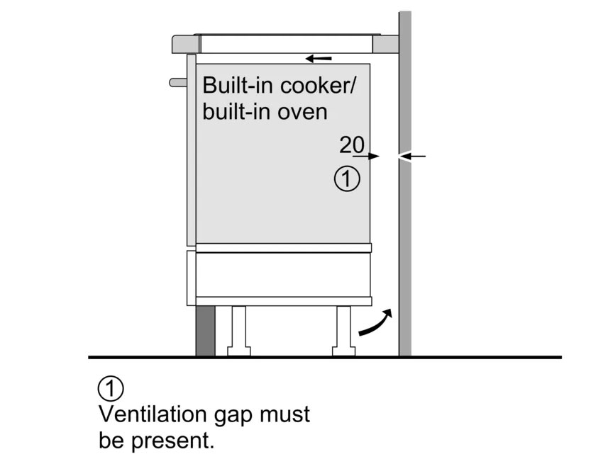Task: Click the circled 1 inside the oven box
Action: click(x=347, y=179)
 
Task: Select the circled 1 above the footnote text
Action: click(x=111, y=390)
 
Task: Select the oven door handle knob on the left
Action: click(x=177, y=82)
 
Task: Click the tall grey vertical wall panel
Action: click(x=405, y=212)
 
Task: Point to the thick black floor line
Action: click(x=319, y=357)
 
